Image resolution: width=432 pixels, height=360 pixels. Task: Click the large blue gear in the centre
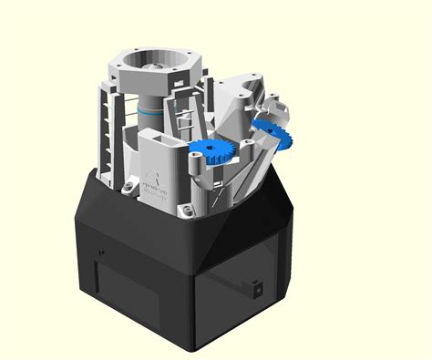(215, 152)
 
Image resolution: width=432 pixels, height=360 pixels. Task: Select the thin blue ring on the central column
(148, 108)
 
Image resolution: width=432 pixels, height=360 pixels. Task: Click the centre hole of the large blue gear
(215, 152)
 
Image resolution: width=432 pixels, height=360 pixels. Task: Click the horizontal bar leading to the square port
(228, 277)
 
